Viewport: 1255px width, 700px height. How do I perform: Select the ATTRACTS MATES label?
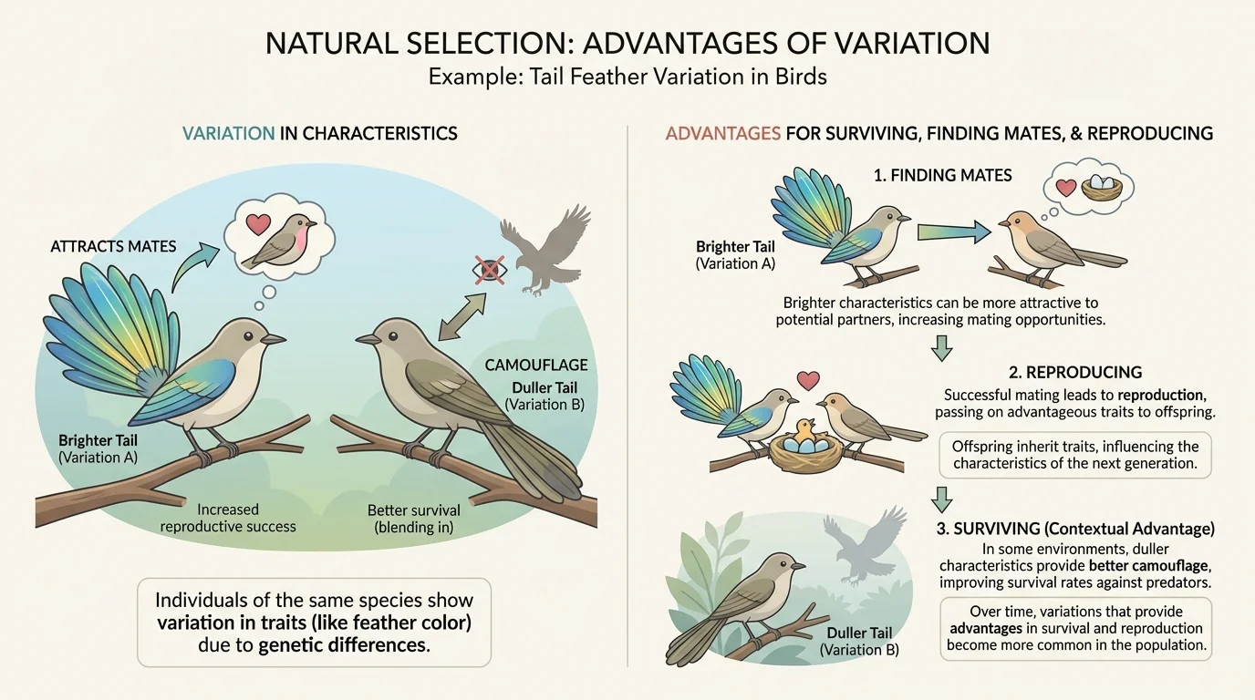(x=114, y=246)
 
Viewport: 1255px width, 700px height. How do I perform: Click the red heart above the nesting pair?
(x=806, y=379)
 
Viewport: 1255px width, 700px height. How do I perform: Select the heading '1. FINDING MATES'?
(x=942, y=175)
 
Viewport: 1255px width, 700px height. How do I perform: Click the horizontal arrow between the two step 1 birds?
(x=954, y=232)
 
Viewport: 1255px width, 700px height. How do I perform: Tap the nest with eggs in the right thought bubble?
(x=1102, y=189)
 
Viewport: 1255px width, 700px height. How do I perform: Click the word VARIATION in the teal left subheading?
(x=228, y=133)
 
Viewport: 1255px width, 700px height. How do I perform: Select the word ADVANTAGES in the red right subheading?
(x=722, y=133)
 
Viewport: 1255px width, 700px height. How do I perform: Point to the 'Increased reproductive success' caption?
(x=228, y=518)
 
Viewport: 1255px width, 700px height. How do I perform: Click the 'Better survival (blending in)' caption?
(x=413, y=518)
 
